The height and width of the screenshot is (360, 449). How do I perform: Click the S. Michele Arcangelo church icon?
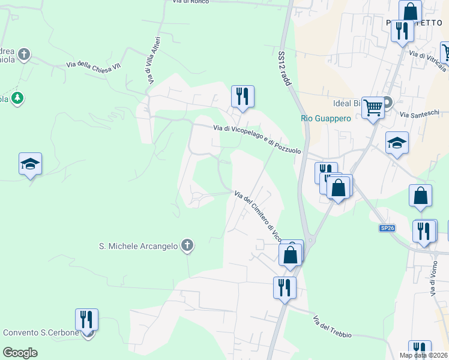pos(187,245)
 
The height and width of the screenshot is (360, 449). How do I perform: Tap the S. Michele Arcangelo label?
pos(138,245)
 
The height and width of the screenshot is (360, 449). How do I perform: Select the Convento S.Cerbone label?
pos(41,333)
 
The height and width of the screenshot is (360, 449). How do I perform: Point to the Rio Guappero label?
pos(325,119)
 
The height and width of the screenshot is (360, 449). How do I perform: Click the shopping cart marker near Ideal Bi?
pos(373,109)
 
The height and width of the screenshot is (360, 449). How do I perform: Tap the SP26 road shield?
pos(388,229)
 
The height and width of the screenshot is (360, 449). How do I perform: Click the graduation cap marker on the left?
pos(30,164)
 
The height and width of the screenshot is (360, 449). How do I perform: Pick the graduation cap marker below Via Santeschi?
pos(397,143)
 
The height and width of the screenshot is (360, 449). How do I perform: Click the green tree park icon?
pos(17,98)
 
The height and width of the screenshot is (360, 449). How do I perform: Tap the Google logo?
pos(20,353)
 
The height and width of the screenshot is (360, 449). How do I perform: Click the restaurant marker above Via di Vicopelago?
pos(243,97)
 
